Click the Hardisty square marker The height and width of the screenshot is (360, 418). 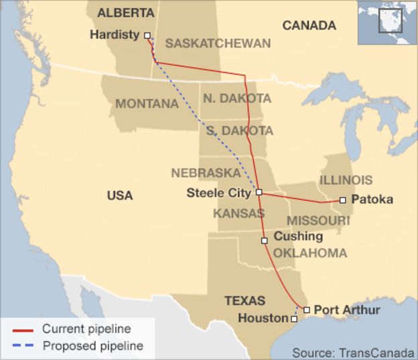pos(147,36)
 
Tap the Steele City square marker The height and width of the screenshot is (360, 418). pos(259,192)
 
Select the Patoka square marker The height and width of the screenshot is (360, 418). pos(342,200)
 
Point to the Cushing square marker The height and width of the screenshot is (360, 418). pos(265,240)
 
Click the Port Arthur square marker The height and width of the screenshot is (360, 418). pos(306,310)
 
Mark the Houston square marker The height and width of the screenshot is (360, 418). pos(293,319)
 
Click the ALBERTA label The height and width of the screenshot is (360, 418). pos(125,13)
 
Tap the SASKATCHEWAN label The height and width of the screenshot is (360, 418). pos(218,44)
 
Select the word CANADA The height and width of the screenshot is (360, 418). pos(309,25)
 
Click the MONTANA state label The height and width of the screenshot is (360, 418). pos(147,104)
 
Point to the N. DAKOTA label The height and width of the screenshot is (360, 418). pos(237,99)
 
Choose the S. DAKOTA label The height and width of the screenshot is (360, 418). pos(240,131)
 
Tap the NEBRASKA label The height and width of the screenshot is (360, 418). pos(206,173)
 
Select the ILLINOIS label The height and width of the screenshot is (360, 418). pos(346,180)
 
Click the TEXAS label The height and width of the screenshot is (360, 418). pos(245,300)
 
